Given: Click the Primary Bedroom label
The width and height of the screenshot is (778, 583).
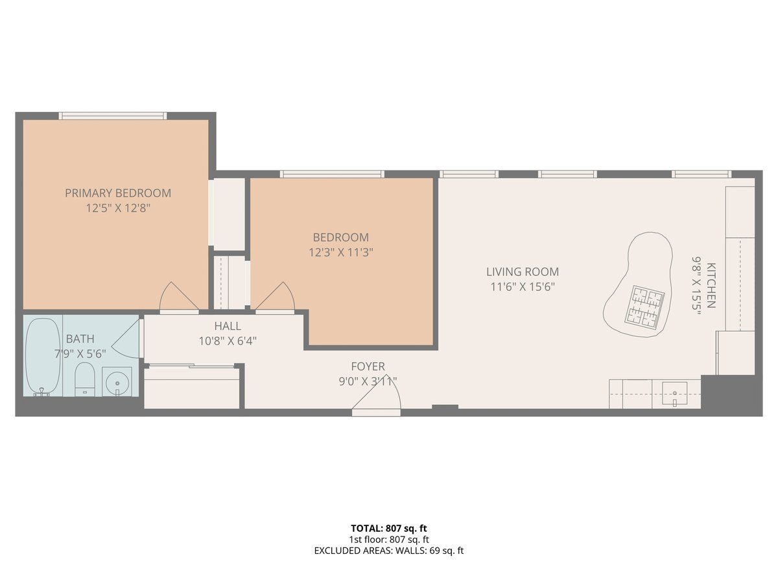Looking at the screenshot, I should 118,193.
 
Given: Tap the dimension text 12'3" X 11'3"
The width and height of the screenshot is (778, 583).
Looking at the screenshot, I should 340,252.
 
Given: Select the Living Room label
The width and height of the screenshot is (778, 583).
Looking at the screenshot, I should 523,272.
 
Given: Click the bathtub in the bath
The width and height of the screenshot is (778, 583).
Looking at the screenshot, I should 43,356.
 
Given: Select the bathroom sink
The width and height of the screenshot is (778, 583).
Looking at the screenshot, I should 117,382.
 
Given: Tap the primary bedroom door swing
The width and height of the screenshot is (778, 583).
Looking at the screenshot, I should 177,298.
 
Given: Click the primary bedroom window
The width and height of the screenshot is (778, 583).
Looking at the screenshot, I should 113,116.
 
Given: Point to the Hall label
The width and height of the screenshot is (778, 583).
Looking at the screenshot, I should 227,326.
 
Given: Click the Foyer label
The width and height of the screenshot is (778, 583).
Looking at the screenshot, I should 368,367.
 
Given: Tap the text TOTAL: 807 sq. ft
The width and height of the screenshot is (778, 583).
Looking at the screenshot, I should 388,528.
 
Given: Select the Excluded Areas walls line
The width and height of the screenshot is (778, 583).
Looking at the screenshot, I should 388,551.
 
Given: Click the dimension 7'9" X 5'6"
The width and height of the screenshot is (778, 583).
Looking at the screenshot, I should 80,353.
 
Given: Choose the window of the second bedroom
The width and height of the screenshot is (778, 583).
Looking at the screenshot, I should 332,174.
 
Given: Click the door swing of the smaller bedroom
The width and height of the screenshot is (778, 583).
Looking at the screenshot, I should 277,298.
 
